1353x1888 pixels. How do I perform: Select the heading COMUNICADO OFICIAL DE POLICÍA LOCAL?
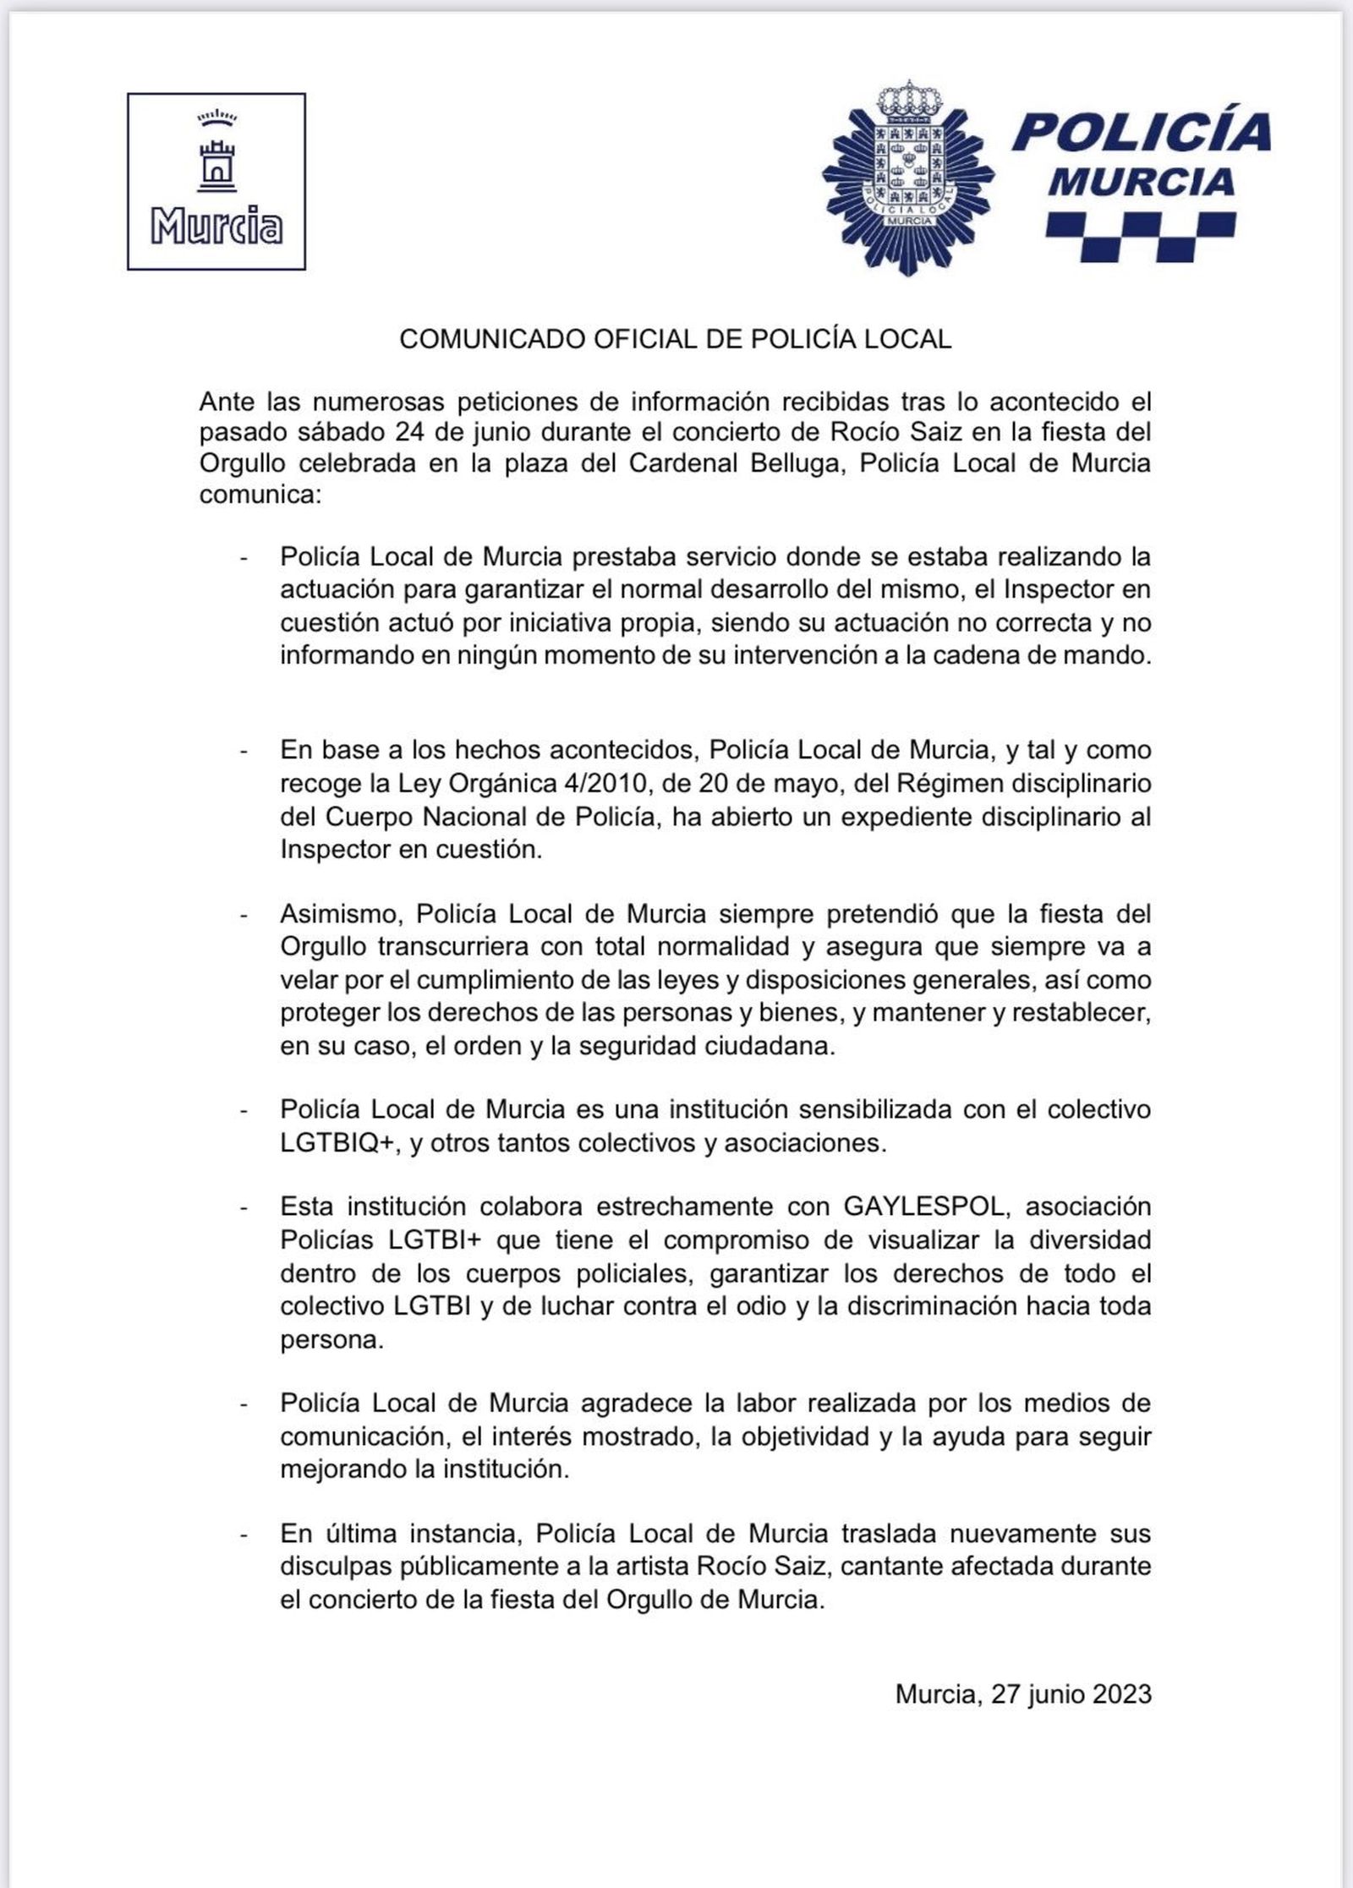point(675,339)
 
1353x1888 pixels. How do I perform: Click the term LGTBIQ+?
point(340,1143)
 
